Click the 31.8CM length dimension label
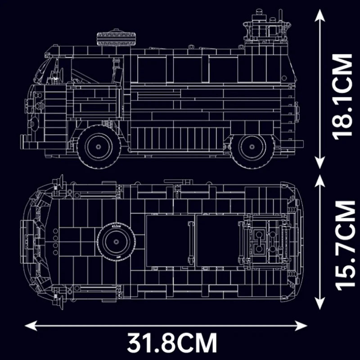[x=171, y=342]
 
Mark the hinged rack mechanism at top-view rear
[x=266, y=240]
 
